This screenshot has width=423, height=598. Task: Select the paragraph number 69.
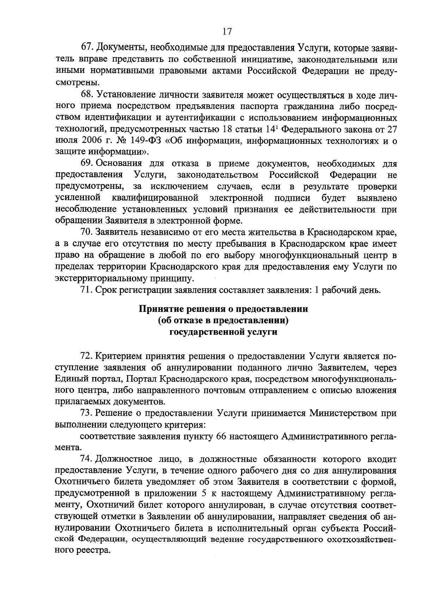[x=87, y=164]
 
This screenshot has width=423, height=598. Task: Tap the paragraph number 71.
[x=87, y=290]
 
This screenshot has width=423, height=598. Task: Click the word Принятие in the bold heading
[x=159, y=309]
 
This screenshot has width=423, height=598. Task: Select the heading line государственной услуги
[x=223, y=332]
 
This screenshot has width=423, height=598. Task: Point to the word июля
[x=66, y=141]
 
